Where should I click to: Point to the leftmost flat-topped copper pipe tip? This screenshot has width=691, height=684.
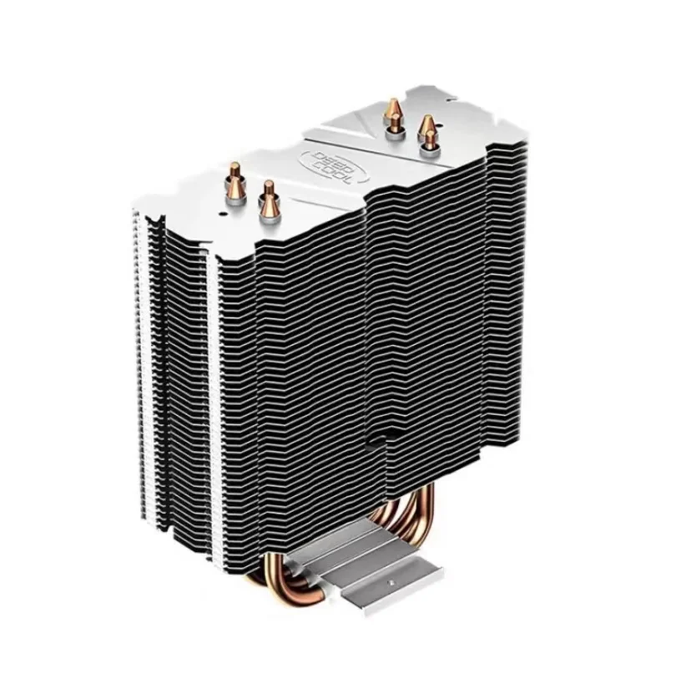(234, 171)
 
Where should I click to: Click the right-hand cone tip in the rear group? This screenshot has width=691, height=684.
(426, 125)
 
